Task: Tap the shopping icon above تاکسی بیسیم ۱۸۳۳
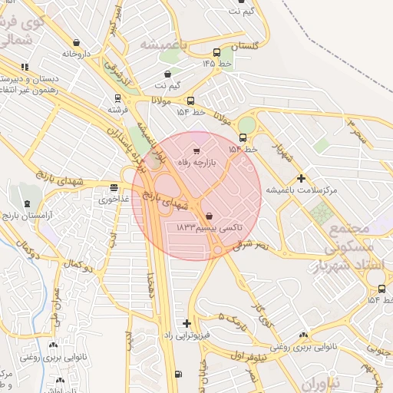pos(210,216)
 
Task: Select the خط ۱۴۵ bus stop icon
pos(217,53)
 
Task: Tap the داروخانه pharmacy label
pos(77,54)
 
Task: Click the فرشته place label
pos(117,110)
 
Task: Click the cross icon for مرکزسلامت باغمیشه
pos(301,177)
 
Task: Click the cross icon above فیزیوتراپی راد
pos(187,323)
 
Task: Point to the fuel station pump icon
pos(179,374)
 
